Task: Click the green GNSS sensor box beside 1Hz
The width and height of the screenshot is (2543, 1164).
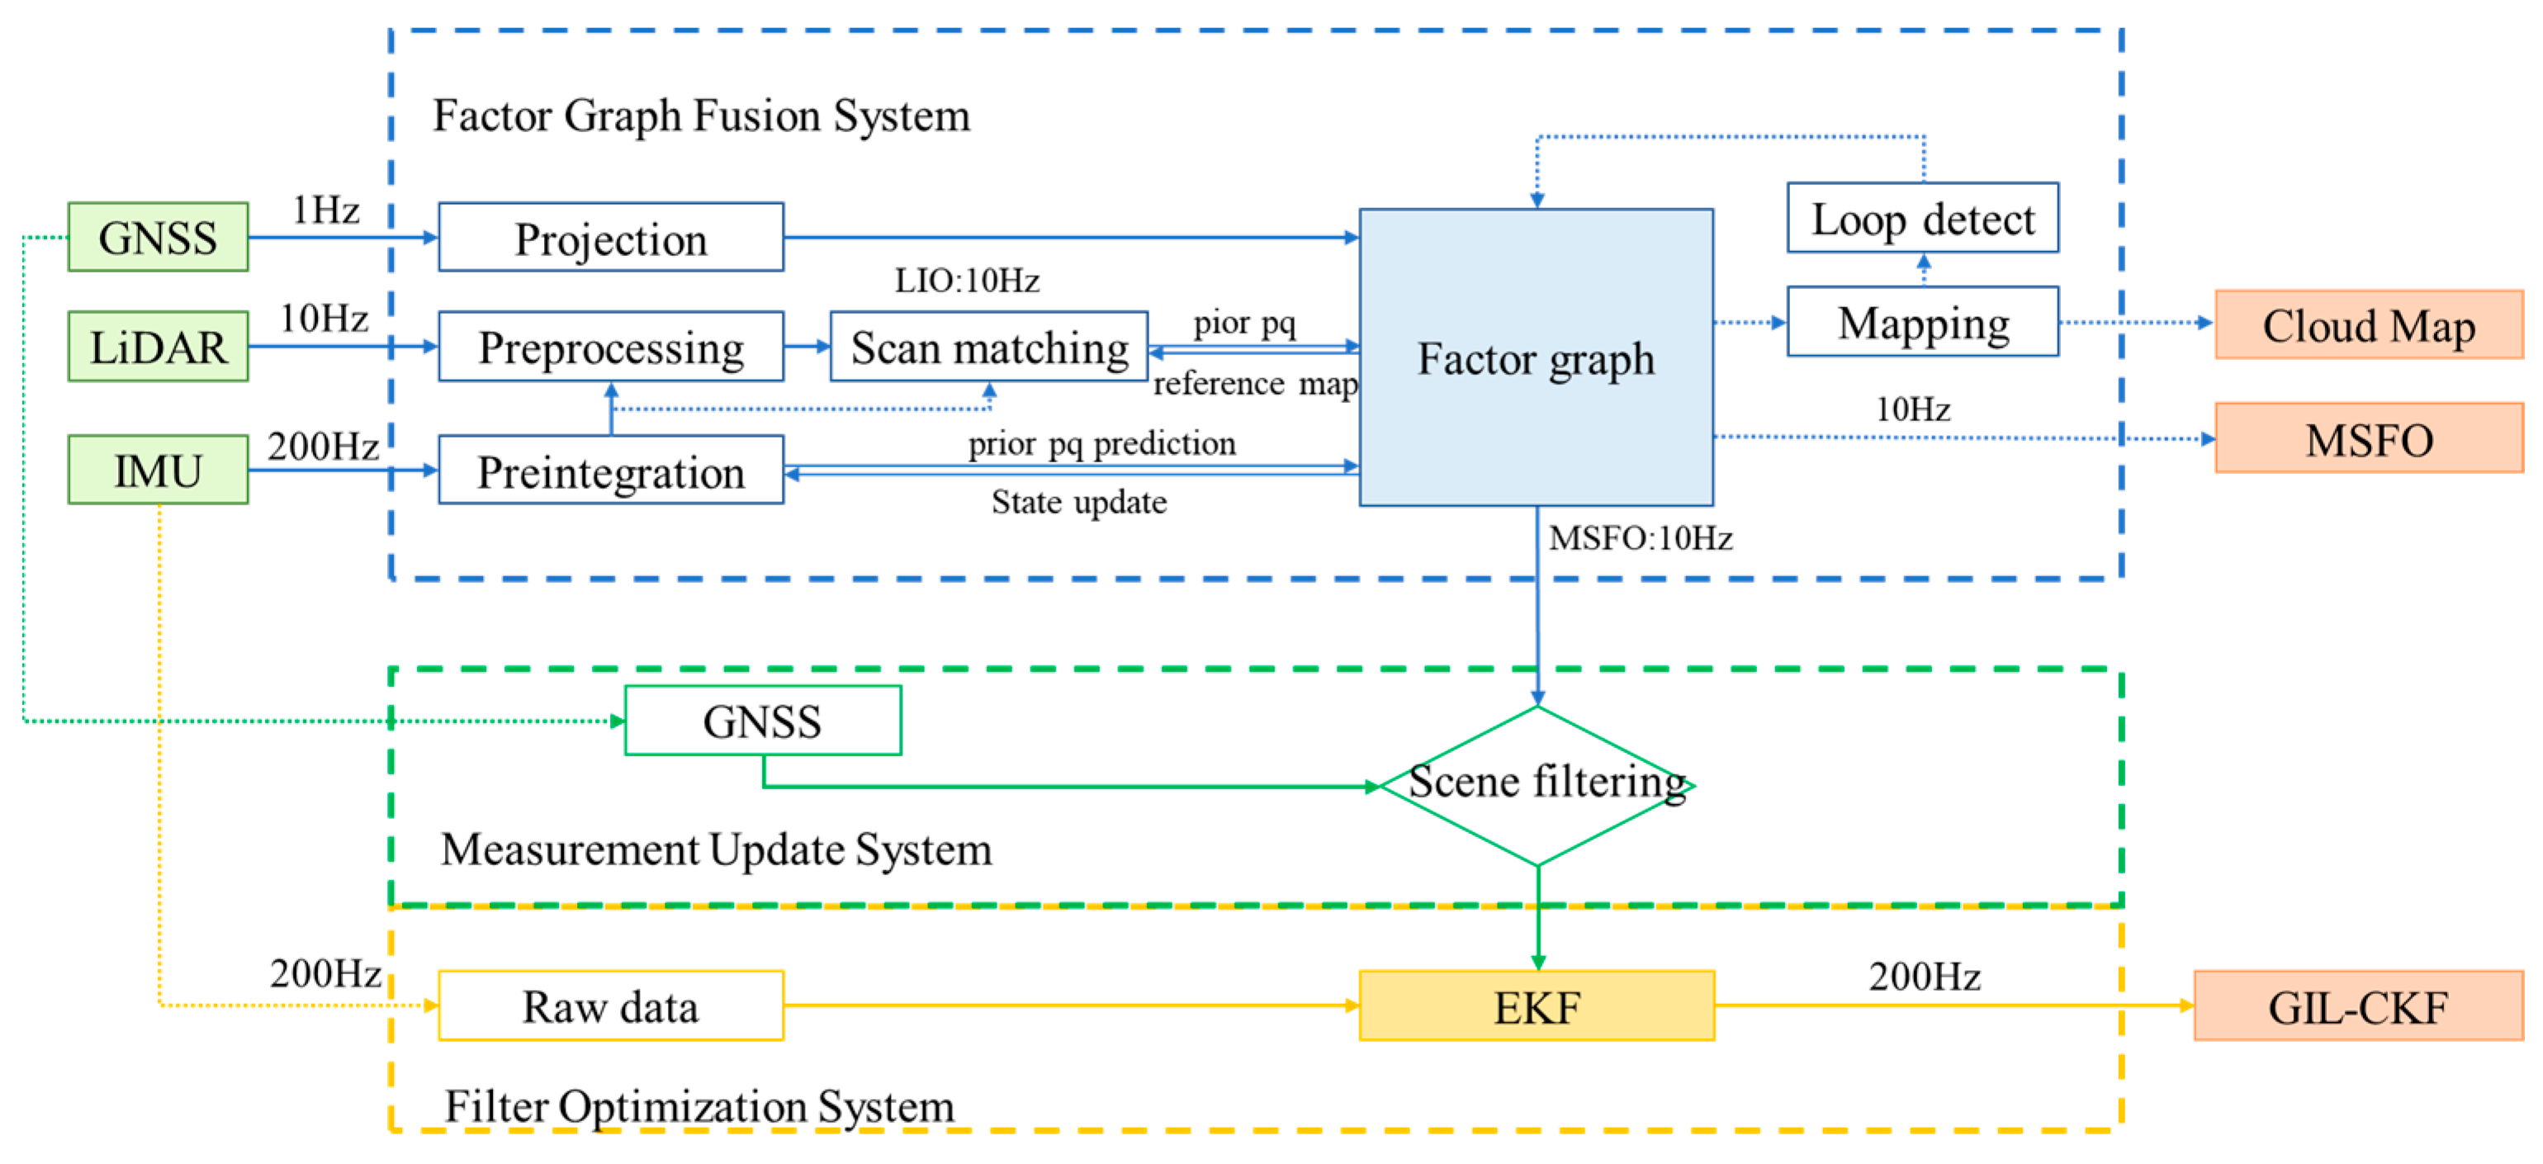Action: (x=158, y=237)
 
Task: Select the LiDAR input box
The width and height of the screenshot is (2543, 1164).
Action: (x=158, y=347)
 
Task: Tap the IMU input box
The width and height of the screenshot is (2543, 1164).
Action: (x=158, y=470)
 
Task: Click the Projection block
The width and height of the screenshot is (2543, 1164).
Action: (x=611, y=238)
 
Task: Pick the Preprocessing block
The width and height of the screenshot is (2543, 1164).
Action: (x=611, y=347)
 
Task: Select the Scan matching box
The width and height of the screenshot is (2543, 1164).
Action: (x=989, y=347)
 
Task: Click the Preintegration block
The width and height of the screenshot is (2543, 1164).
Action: (x=611, y=471)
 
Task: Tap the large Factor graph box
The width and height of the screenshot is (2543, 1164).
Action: (x=1536, y=357)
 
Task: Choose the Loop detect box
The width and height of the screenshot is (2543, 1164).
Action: (x=1923, y=218)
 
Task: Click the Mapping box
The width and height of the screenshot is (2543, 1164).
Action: (x=1923, y=323)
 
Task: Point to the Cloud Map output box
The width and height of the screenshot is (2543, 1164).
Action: (x=2368, y=324)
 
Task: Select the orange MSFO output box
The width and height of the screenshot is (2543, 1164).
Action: (x=2368, y=438)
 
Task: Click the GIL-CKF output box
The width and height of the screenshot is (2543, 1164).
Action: (x=2357, y=1006)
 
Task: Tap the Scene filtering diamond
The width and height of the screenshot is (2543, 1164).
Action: (x=1537, y=785)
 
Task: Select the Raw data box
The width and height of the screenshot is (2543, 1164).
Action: (x=611, y=1006)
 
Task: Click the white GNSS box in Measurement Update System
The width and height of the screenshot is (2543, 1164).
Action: (x=762, y=721)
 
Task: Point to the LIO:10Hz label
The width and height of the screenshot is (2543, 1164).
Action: (x=967, y=281)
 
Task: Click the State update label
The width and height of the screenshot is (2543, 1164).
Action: (x=1078, y=503)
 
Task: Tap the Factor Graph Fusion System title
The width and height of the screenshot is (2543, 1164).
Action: (x=701, y=116)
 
